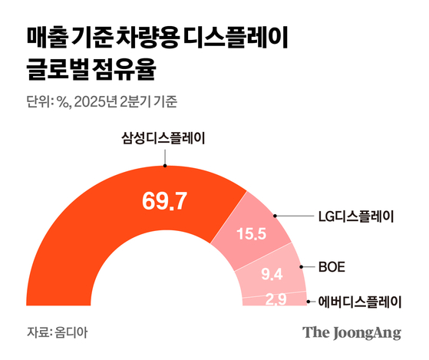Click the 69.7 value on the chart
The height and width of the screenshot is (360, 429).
coord(165,201)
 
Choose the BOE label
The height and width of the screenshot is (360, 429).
coord(332,267)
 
